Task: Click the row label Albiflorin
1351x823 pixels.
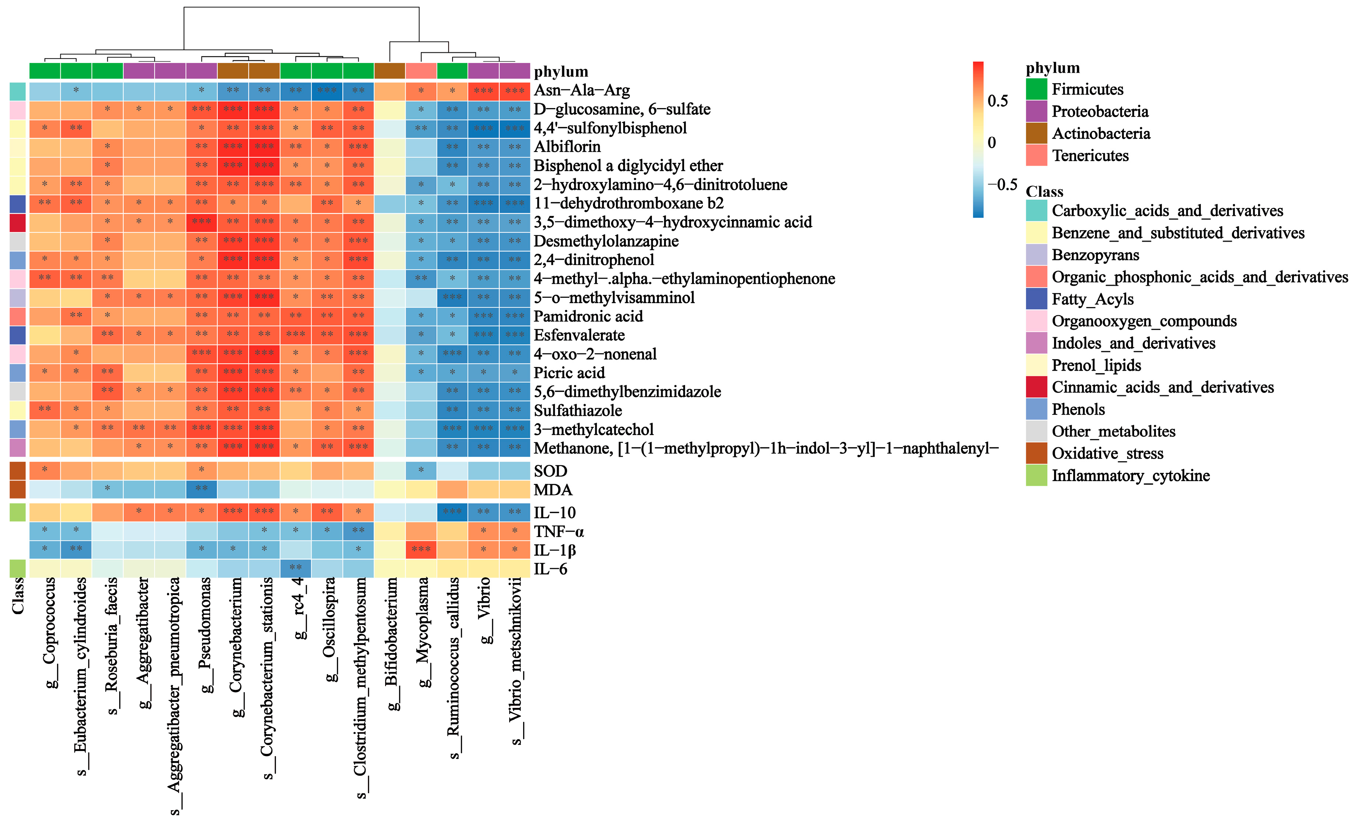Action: [x=567, y=147]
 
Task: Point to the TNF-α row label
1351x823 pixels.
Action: [x=559, y=531]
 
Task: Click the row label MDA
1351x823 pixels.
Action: [x=553, y=490]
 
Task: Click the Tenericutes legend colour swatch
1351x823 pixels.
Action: [x=1036, y=156]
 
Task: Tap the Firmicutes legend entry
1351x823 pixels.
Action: [x=1087, y=89]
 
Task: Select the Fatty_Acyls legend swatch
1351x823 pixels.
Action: [x=1036, y=299]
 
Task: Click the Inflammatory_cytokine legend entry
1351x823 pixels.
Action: [x=1130, y=475]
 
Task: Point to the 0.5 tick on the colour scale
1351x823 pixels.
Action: [x=997, y=101]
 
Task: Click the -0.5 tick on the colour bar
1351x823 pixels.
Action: [x=1002, y=184]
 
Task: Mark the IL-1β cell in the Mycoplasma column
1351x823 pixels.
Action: [x=421, y=549]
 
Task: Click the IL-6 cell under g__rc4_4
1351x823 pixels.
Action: [x=295, y=568]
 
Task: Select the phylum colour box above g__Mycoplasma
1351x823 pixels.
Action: [x=421, y=71]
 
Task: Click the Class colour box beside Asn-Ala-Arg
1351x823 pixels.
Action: [x=18, y=91]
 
